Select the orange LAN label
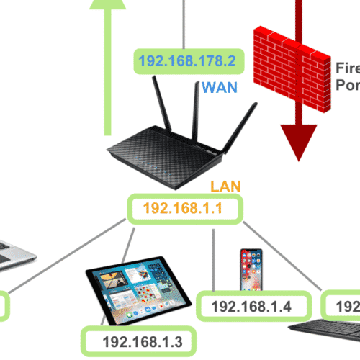coord(225,187)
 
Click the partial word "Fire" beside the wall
coord(347,68)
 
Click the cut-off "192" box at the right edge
coord(343,305)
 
